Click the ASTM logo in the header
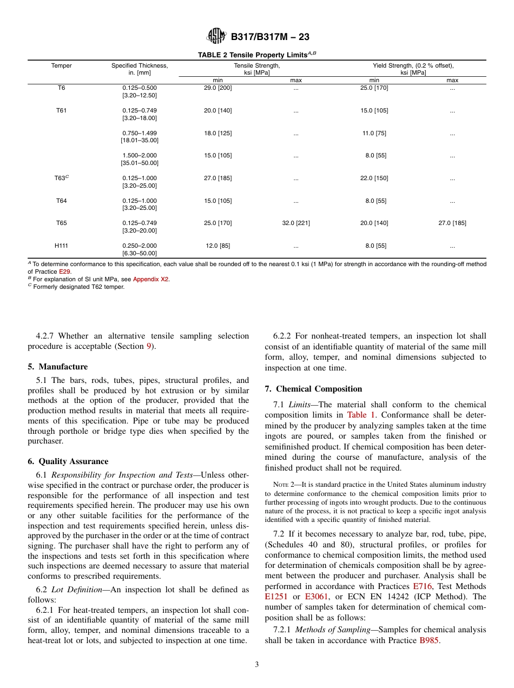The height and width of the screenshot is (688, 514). [216, 36]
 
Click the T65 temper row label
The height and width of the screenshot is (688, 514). [61, 223]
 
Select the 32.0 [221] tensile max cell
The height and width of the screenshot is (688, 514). [296, 223]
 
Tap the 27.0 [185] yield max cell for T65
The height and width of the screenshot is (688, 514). [452, 223]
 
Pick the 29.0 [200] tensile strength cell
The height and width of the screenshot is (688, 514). [218, 88]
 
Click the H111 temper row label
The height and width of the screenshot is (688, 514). [61, 246]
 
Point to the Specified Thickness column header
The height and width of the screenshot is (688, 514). [140, 69]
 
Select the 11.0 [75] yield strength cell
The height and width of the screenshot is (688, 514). [374, 133]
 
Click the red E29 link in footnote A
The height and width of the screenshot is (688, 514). [65, 272]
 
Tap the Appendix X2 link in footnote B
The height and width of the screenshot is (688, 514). [151, 279]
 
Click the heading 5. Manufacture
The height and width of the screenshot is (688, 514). [58, 367]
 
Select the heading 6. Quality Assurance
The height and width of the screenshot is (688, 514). [68, 461]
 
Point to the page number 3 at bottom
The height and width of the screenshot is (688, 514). [257, 665]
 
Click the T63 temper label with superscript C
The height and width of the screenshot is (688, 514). [62, 178]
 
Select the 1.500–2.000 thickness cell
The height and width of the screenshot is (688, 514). [140, 156]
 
